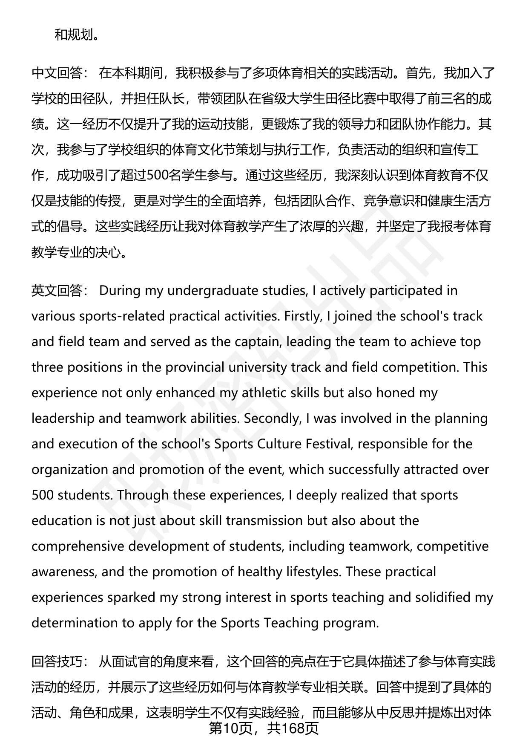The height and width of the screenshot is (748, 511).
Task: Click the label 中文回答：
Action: coord(60,73)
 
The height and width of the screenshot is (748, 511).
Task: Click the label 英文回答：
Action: coord(60,291)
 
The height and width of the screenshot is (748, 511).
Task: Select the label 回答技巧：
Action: coord(60,661)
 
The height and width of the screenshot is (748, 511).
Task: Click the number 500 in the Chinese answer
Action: coord(158,176)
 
